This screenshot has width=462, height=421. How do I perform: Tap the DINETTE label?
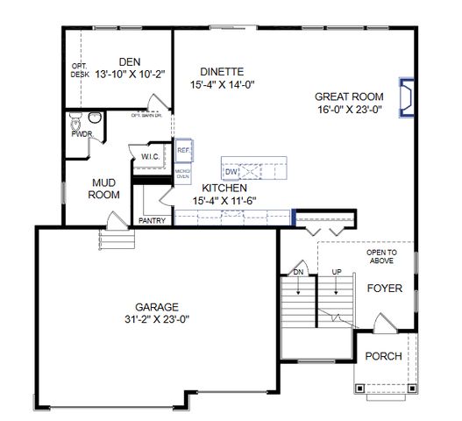click(221, 71)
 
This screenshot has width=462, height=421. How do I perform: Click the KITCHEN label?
click(224, 188)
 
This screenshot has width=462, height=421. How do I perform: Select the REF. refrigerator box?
click(183, 151)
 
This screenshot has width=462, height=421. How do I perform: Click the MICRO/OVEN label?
click(182, 174)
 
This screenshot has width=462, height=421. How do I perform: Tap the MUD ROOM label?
click(106, 189)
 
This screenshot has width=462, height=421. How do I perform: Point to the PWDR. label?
click(82, 134)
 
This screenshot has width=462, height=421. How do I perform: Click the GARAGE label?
click(157, 306)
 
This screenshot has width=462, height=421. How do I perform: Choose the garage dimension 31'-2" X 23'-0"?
click(157, 319)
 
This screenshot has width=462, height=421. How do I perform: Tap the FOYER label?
click(383, 287)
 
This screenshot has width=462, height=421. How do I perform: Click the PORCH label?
click(382, 356)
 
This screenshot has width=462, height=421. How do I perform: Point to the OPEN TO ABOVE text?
click(381, 256)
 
